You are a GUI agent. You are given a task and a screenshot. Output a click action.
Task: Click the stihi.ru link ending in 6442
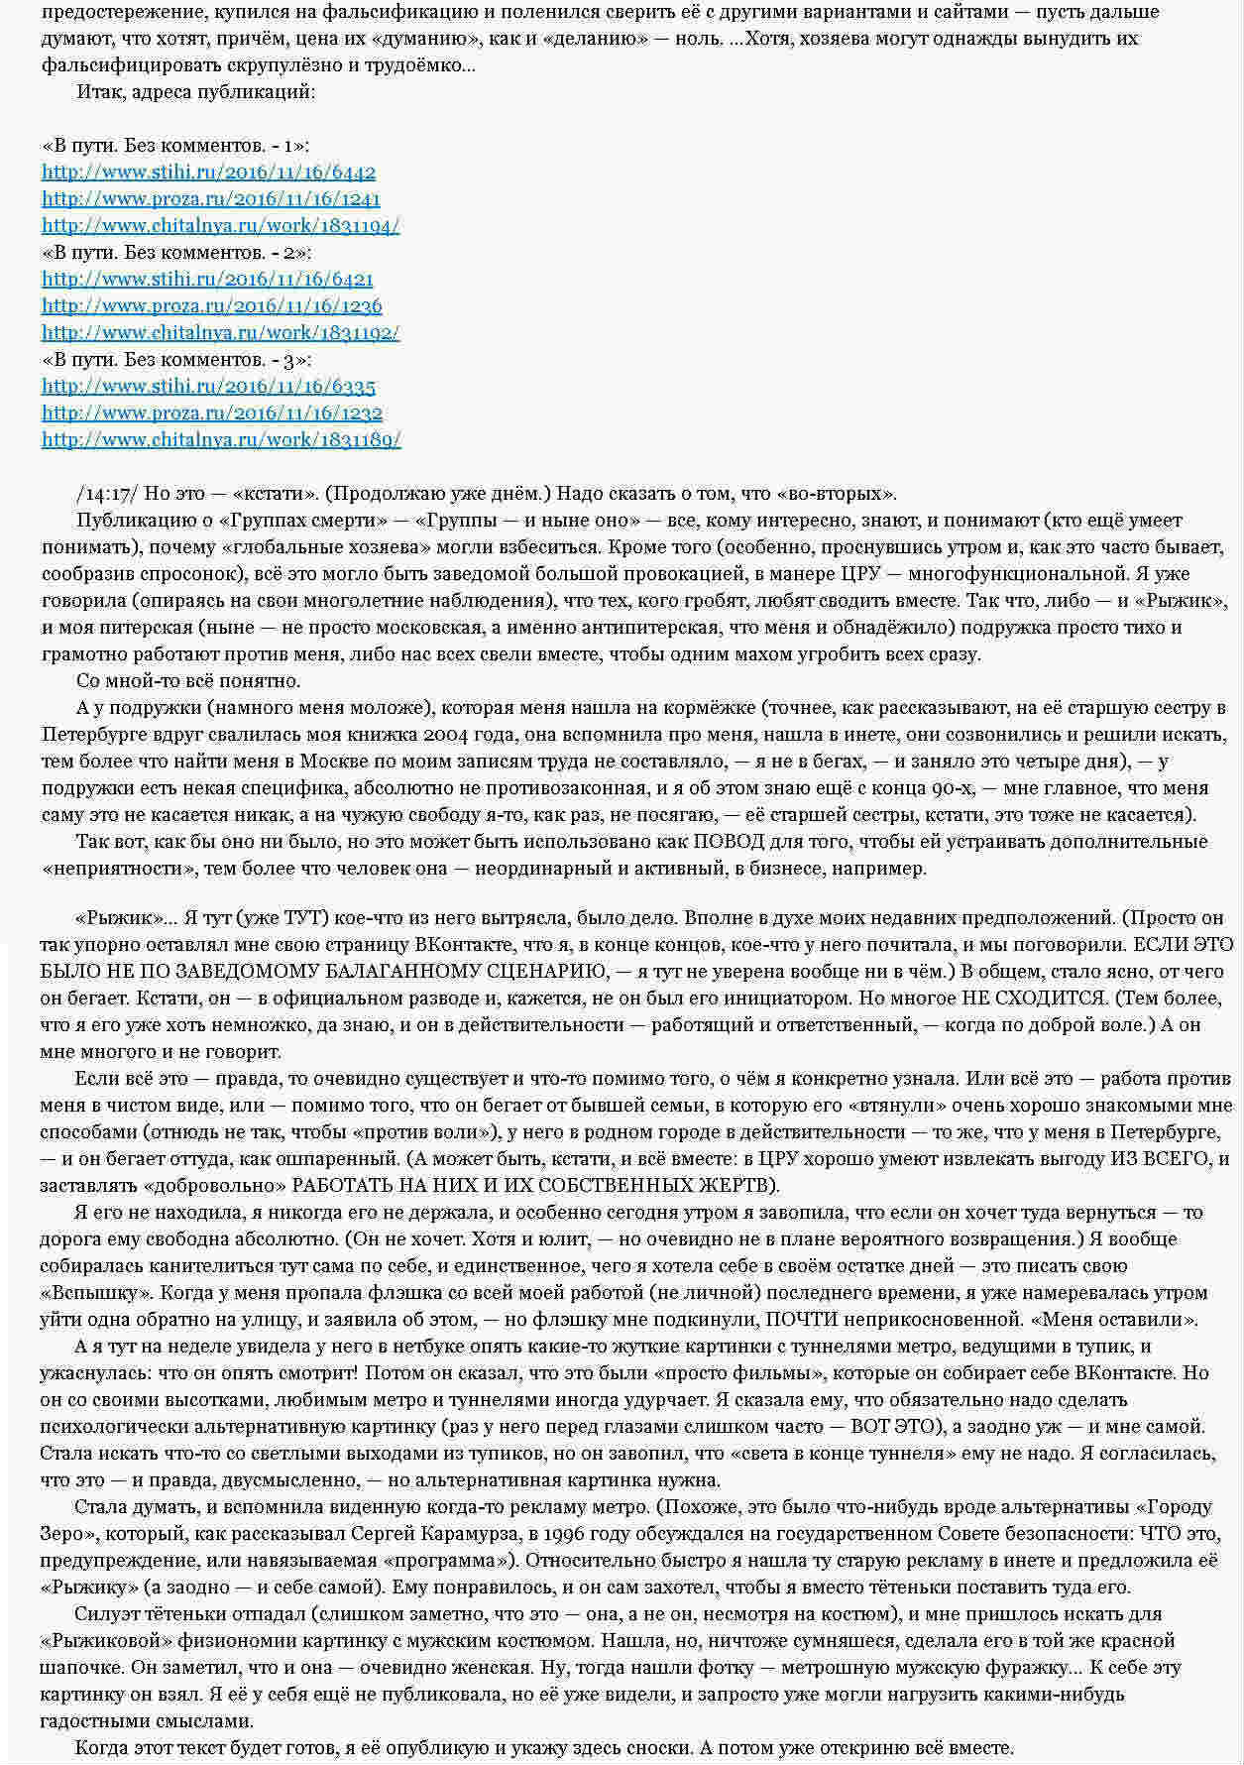point(208,173)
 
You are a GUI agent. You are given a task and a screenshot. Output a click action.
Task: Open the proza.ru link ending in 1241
point(211,199)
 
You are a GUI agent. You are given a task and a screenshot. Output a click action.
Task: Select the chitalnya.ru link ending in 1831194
point(220,226)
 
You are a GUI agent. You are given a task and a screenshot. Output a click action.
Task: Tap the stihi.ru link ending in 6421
point(207,280)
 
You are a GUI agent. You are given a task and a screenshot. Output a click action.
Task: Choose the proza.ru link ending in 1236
point(211,306)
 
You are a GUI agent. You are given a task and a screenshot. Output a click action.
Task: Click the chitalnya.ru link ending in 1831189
point(221,440)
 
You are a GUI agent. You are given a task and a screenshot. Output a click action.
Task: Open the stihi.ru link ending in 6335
point(208,387)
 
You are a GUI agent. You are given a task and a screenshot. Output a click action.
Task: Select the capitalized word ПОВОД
point(728,842)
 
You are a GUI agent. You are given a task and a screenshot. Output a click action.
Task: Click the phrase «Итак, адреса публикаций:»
point(196,92)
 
